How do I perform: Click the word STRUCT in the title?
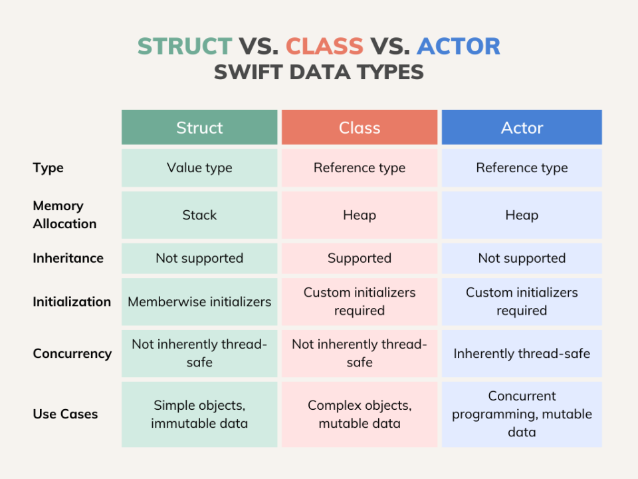pyautogui.click(x=185, y=46)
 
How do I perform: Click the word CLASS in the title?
pyautogui.click(x=324, y=46)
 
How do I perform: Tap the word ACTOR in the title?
pyautogui.click(x=459, y=46)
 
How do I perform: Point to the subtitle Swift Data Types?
pyautogui.click(x=319, y=71)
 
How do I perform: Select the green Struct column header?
pyautogui.click(x=199, y=127)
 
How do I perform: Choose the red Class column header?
pyautogui.click(x=360, y=127)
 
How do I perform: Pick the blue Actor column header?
pyautogui.click(x=522, y=127)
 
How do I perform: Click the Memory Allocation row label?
pyautogui.click(x=64, y=215)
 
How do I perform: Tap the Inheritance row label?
pyautogui.click(x=68, y=258)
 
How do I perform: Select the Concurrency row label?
pyautogui.click(x=72, y=353)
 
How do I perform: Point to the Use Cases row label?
pyautogui.click(x=65, y=414)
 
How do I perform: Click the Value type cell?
pyautogui.click(x=199, y=168)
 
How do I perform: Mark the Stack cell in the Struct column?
pyautogui.click(x=199, y=215)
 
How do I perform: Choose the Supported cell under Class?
pyautogui.click(x=360, y=258)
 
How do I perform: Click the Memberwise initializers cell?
pyautogui.click(x=199, y=301)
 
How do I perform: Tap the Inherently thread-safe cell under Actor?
pyautogui.click(x=522, y=353)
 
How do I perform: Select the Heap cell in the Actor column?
pyautogui.click(x=522, y=215)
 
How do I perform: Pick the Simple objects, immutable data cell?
pyautogui.click(x=199, y=414)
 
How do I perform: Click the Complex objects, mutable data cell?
pyautogui.click(x=360, y=414)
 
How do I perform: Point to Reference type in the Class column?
pyautogui.click(x=360, y=168)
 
